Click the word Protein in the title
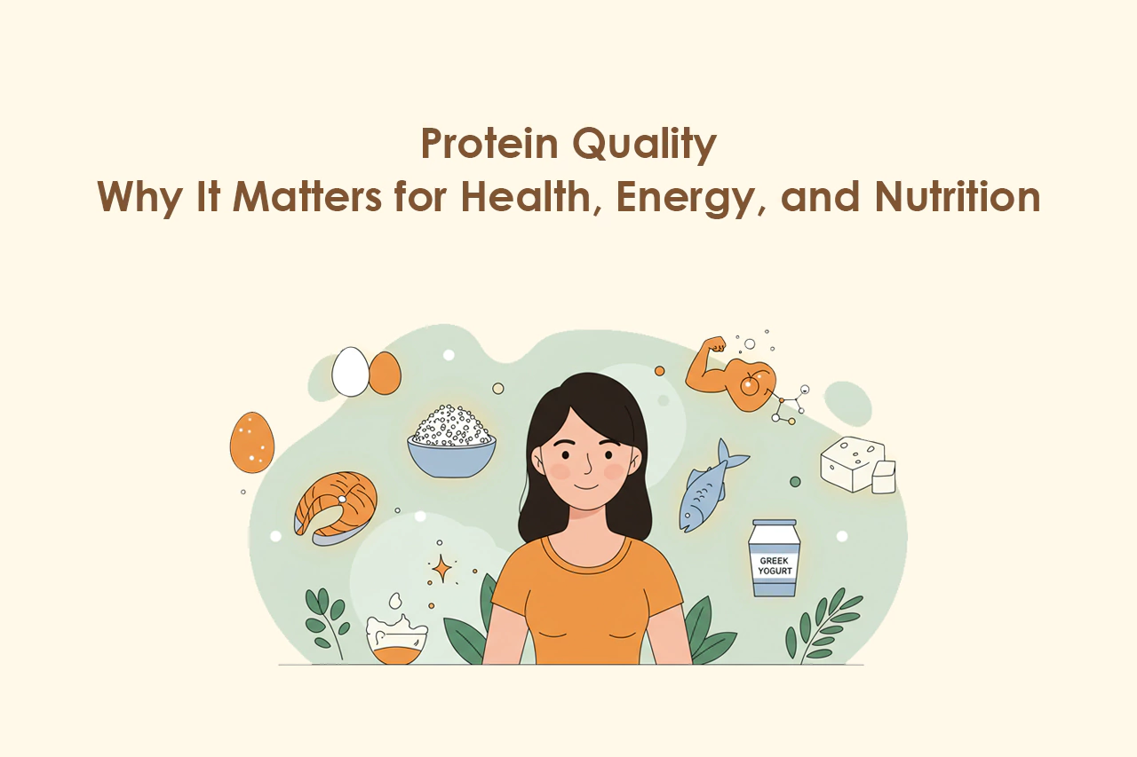[x=489, y=144]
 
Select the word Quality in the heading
[x=645, y=146]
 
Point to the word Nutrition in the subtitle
[x=958, y=196]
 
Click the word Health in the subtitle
[x=530, y=198]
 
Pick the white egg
[x=350, y=372]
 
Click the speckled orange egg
[x=251, y=442]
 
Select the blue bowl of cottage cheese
[x=452, y=442]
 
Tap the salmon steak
[x=336, y=508]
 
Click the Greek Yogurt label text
[x=775, y=566]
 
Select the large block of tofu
[x=853, y=464]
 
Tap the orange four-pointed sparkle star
[x=441, y=569]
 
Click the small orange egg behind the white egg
[x=386, y=374]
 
